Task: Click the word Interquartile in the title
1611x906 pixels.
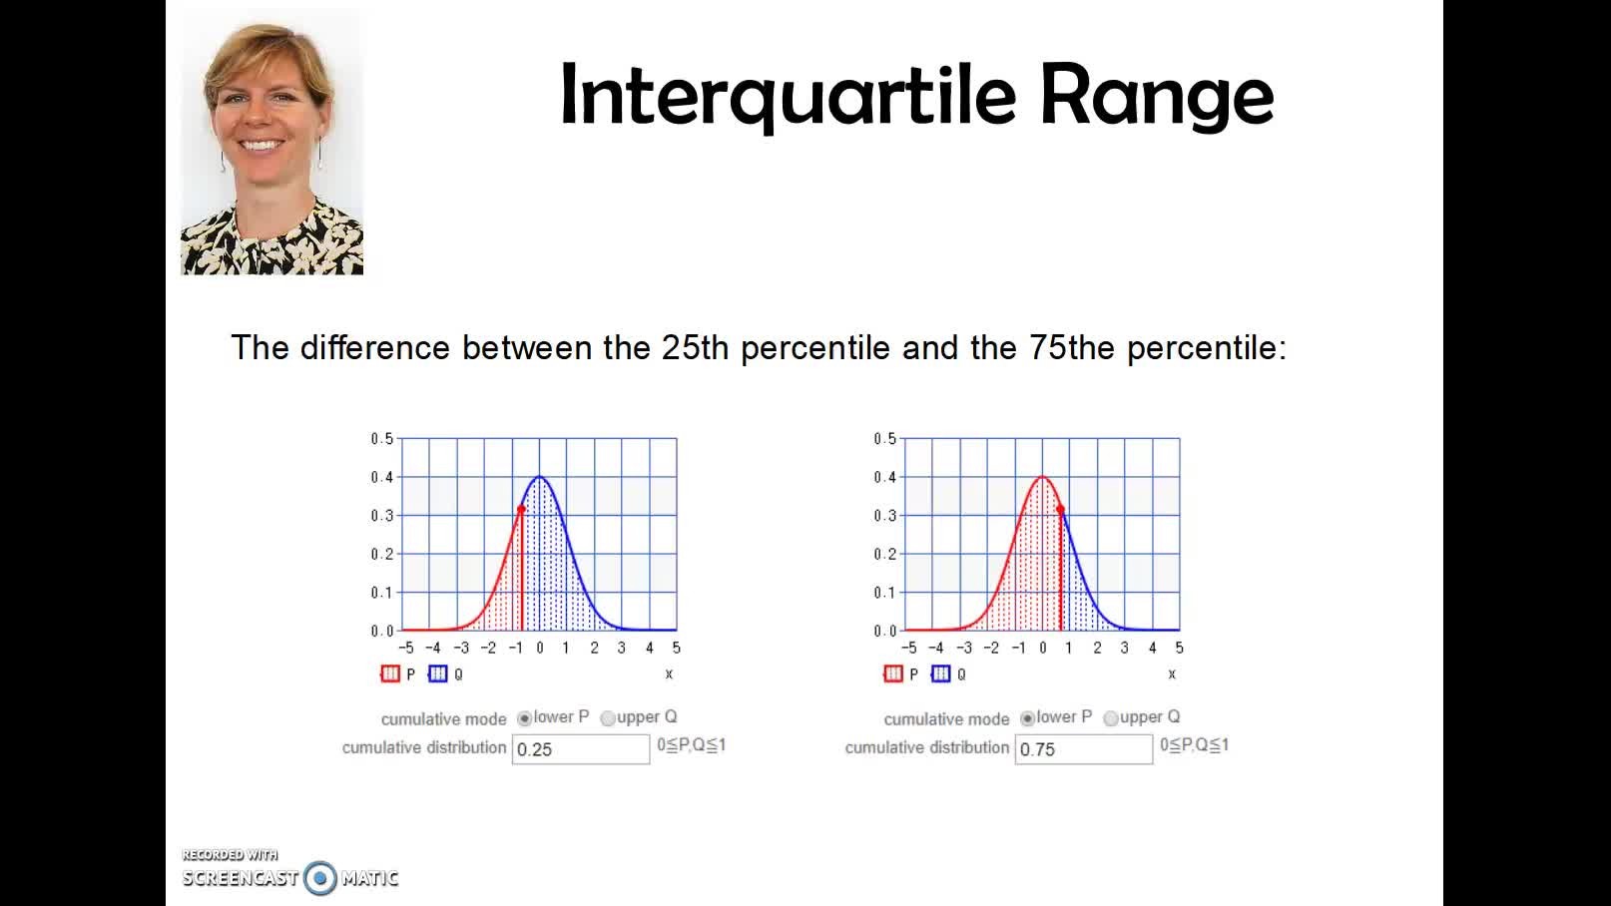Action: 788,96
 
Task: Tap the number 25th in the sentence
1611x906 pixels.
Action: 695,348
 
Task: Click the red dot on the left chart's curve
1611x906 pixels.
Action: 521,509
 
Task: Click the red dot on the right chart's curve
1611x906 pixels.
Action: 1060,509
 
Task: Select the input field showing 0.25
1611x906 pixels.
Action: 580,749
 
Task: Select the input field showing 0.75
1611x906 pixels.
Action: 1083,749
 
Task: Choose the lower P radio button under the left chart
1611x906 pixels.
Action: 524,718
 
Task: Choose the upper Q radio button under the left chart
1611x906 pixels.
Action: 608,718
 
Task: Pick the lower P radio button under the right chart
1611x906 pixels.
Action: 1027,718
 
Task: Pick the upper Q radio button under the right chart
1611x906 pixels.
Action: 1111,718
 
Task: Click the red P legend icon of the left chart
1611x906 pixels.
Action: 390,674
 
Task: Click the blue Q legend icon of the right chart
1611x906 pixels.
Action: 940,674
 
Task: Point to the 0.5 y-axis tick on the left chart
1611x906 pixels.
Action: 382,439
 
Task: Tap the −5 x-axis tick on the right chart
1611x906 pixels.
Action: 908,648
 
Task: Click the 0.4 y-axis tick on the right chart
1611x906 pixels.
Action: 884,478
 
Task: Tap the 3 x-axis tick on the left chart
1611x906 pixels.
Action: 622,648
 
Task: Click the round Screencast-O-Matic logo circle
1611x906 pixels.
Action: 320,878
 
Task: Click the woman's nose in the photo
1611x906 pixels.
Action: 263,119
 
